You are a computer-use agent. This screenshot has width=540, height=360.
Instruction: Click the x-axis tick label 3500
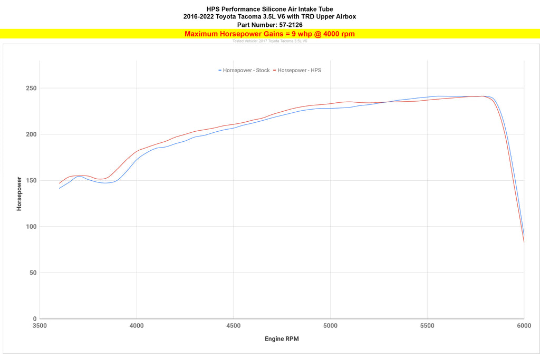(x=40, y=326)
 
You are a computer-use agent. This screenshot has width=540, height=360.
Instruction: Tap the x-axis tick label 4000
(x=137, y=326)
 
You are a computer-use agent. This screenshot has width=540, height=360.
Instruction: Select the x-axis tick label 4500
(x=233, y=326)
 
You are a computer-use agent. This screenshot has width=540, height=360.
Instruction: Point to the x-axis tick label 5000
(x=330, y=326)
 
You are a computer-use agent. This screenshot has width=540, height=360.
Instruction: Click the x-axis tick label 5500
(x=427, y=326)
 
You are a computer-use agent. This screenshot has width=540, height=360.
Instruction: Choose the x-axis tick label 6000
(x=524, y=326)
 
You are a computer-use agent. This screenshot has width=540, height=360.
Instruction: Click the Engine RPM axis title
(x=282, y=339)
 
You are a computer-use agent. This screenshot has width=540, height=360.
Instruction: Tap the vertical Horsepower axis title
(x=20, y=193)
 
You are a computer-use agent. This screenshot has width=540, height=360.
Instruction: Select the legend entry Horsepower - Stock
(x=246, y=70)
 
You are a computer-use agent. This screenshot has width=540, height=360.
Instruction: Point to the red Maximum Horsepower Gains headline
(x=269, y=34)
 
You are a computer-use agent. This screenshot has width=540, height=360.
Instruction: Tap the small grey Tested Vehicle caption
(x=269, y=41)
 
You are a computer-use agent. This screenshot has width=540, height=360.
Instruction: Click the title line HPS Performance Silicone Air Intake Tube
(x=269, y=9)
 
